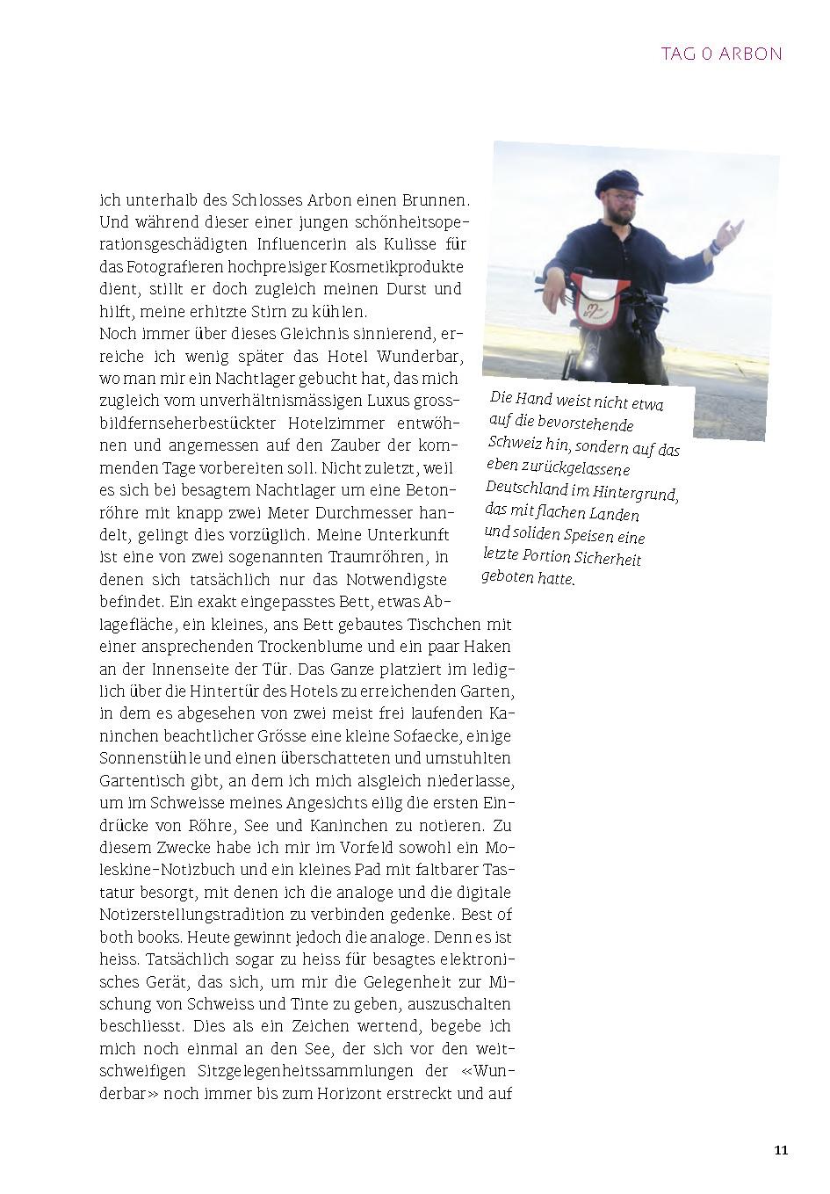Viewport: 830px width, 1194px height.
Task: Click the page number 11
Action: pyautogui.click(x=781, y=1150)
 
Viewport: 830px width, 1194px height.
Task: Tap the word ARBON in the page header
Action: pyautogui.click(x=751, y=54)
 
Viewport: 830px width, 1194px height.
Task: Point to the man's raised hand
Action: pyautogui.click(x=728, y=234)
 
